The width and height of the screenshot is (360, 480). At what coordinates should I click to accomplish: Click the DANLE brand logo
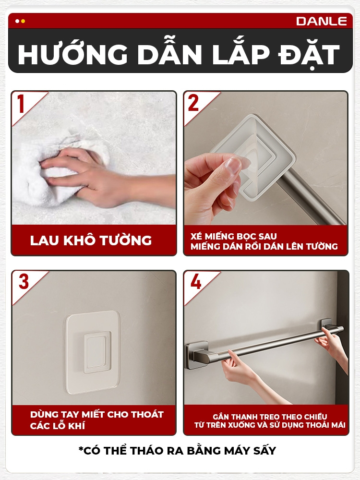tap(322, 21)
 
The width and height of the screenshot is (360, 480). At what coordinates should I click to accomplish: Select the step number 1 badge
tap(21, 104)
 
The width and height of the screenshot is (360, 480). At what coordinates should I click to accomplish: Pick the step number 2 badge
tap(193, 103)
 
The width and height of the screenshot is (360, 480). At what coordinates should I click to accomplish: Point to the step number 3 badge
tap(24, 282)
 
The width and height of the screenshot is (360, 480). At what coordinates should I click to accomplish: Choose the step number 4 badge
tap(196, 282)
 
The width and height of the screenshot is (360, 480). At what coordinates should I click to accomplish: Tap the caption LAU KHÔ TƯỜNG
tap(91, 240)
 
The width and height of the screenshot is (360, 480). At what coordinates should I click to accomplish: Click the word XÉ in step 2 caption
tap(196, 236)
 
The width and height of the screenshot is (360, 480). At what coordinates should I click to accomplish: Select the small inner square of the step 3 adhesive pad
tap(97, 351)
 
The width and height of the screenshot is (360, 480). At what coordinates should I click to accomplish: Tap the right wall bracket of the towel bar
tap(327, 325)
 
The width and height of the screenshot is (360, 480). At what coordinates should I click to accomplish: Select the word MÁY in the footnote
tap(237, 451)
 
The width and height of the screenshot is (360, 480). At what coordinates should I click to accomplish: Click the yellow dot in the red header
tap(23, 21)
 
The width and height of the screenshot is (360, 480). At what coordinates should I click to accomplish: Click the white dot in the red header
tap(17, 21)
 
